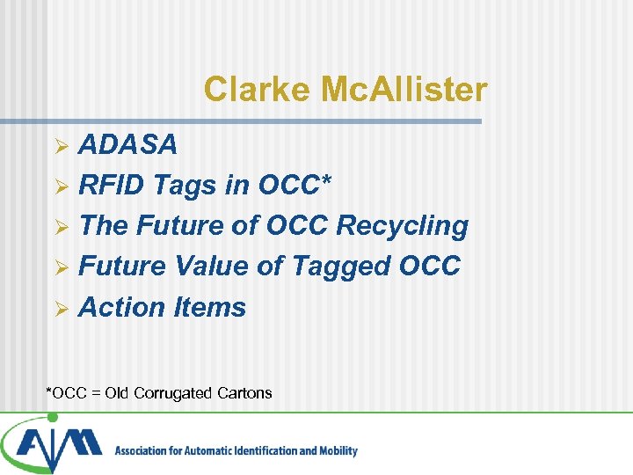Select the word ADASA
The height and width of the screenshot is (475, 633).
[127, 144]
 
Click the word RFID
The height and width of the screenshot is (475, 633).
[112, 185]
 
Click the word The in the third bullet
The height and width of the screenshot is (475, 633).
[104, 225]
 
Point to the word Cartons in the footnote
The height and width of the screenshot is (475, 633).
[243, 393]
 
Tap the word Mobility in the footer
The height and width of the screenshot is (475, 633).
[335, 451]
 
